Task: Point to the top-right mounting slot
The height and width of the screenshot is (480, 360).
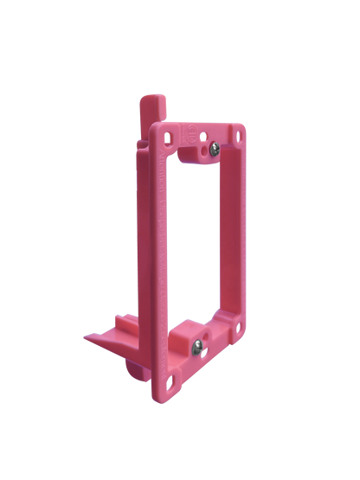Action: click(x=236, y=137)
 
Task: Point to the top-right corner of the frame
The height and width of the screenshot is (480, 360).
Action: click(x=243, y=127)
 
